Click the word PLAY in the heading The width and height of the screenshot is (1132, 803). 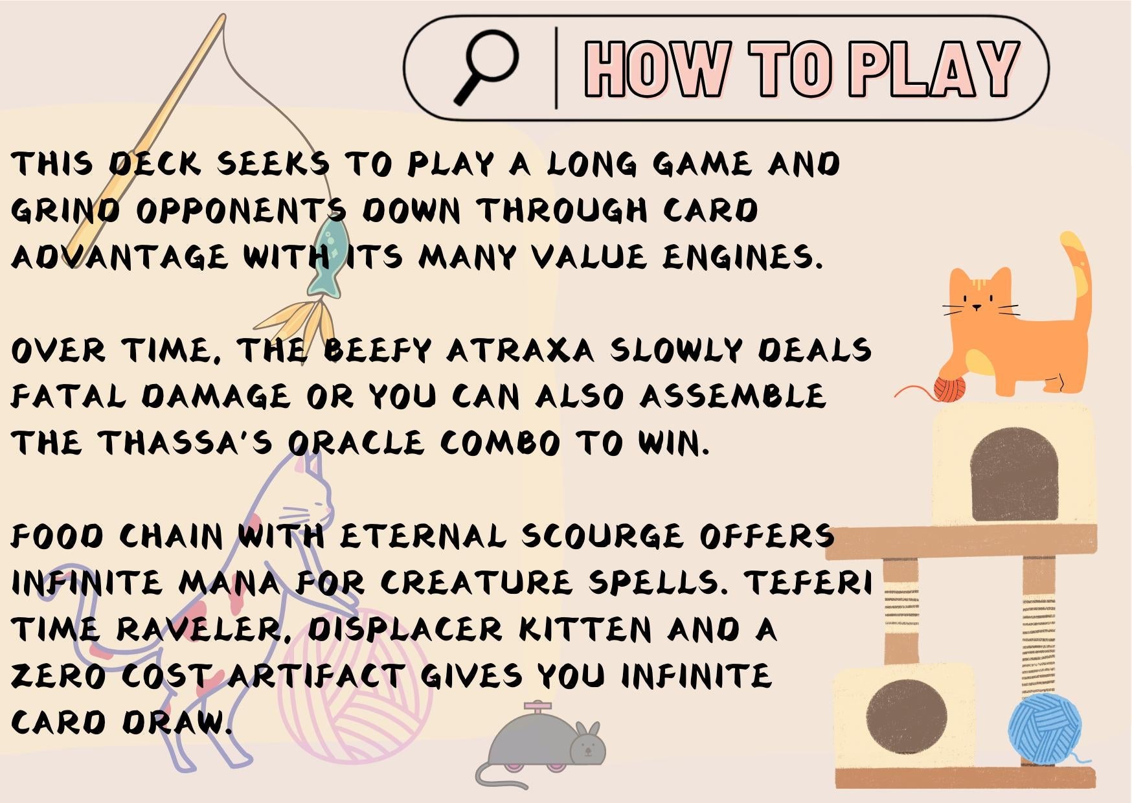[934, 69]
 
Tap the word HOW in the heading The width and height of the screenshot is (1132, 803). [657, 69]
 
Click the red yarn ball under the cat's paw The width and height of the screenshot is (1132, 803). [949, 387]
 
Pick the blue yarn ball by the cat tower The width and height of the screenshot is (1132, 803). [1045, 729]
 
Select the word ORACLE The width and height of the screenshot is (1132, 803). [356, 444]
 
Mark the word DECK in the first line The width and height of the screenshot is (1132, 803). [153, 164]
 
